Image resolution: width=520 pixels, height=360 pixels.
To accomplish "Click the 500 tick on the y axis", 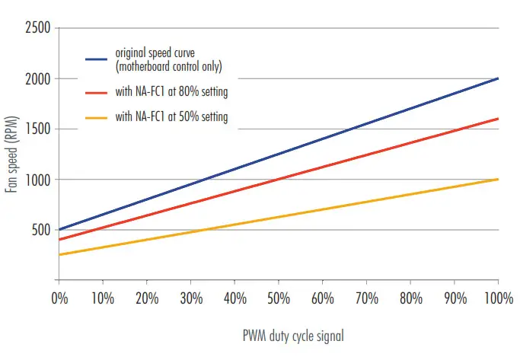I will coord(39,230).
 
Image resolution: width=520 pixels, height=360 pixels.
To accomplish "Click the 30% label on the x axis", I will coord(190,296).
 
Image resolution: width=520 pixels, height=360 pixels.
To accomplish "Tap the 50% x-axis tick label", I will coord(278,296).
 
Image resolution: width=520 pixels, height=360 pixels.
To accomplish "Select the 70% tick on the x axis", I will coord(366,296).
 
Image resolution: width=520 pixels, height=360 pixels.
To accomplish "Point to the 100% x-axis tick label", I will coord(498,296).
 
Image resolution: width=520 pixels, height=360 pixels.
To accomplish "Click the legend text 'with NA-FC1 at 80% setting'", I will coord(171,91).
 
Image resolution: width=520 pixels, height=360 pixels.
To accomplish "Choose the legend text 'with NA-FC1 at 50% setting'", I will coord(171,117).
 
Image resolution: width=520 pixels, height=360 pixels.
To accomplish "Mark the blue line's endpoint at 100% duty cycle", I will coord(498,78).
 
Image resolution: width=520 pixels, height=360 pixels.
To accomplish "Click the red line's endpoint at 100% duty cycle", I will coord(498,119).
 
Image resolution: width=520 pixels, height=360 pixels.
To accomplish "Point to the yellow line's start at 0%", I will coord(59,255).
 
